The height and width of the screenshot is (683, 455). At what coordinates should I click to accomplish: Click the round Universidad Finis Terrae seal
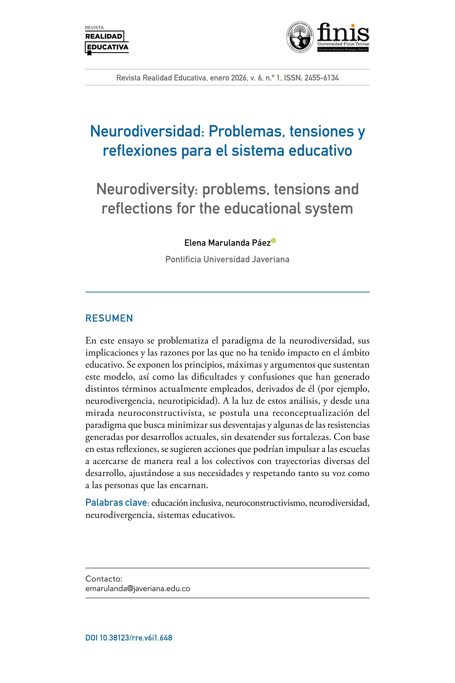point(300,37)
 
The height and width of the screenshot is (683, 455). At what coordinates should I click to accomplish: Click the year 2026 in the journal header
point(239,78)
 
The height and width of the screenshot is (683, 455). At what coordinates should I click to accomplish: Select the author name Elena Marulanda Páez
point(227,243)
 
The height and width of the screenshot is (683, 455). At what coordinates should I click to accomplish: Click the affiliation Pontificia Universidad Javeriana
point(227,259)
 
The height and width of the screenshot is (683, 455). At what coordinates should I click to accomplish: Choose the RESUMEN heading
point(109,318)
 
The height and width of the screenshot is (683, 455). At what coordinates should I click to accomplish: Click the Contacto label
point(104,579)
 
